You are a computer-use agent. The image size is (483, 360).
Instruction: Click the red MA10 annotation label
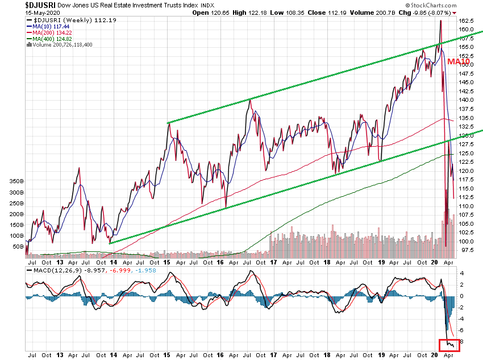458,61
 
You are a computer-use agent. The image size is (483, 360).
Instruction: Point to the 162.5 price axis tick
467,20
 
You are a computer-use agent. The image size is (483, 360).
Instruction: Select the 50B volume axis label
16,247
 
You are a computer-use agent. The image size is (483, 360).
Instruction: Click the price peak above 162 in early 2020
440,21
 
